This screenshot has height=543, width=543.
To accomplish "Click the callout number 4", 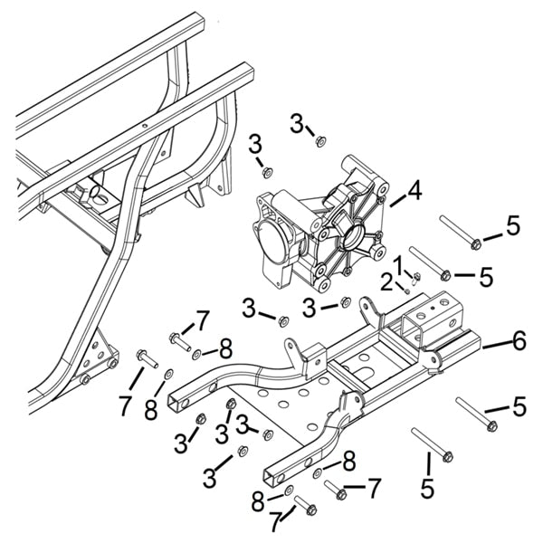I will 414,192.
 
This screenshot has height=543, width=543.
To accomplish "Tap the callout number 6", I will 518,341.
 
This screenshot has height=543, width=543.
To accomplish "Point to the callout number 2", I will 387,282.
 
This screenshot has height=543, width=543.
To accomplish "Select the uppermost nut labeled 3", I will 319,140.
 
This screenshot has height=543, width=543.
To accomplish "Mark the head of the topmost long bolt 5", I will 476,243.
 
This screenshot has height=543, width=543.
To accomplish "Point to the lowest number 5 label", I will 427,490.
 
